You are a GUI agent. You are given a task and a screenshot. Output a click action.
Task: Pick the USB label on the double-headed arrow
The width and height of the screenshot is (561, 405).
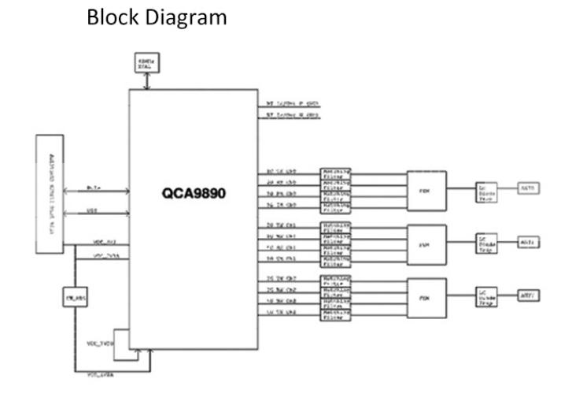coord(92,210)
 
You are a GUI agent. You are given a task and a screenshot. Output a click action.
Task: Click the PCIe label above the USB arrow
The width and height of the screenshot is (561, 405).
coord(92,188)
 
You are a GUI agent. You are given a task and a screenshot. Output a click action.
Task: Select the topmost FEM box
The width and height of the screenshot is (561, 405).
coord(426,188)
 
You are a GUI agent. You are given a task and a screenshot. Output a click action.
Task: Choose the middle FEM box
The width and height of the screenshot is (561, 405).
coord(426,243)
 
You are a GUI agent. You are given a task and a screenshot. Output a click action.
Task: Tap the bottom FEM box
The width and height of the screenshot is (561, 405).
coord(426,299)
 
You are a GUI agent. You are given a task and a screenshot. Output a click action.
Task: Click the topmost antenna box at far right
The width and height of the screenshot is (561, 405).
coord(526,188)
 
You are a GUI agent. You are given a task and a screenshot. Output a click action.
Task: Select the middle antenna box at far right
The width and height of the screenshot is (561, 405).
coord(526,243)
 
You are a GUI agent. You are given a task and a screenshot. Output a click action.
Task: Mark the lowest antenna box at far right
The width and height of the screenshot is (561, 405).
coord(526,298)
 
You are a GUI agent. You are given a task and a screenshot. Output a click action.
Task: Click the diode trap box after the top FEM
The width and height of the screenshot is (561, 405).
coord(487,191)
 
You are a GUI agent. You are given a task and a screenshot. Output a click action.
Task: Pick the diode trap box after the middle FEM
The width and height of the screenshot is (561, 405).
coord(487,244)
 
